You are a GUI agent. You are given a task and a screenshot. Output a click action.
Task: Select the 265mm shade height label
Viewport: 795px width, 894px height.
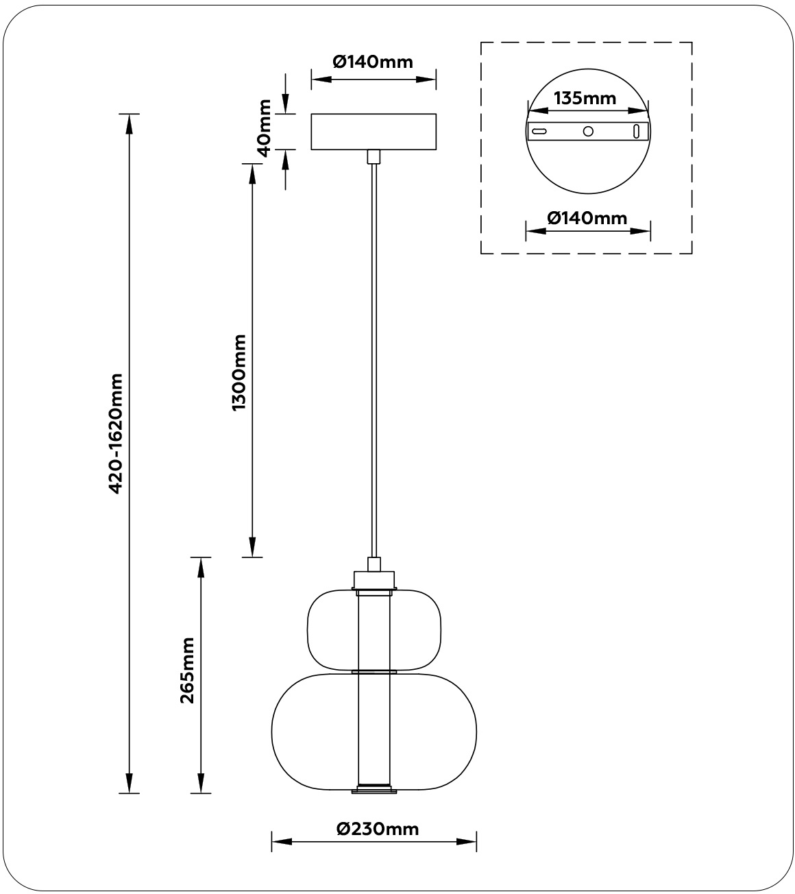pyautogui.click(x=186, y=670)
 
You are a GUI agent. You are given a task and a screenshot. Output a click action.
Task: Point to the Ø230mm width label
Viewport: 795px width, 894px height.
pyautogui.click(x=378, y=828)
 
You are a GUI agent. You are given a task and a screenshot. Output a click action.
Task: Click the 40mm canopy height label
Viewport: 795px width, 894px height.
pyautogui.click(x=262, y=128)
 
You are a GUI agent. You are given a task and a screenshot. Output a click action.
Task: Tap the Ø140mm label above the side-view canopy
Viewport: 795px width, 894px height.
pyautogui.click(x=374, y=62)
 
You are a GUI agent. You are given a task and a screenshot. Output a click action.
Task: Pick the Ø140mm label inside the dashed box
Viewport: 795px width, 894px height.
pyautogui.click(x=587, y=218)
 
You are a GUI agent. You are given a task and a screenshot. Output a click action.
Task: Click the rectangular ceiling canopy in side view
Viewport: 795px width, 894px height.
pyautogui.click(x=374, y=131)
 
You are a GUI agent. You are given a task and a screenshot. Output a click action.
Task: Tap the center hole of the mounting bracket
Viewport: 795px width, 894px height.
pyautogui.click(x=588, y=131)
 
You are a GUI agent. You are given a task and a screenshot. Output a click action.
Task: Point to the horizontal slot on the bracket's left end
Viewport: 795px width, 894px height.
pyautogui.click(x=540, y=131)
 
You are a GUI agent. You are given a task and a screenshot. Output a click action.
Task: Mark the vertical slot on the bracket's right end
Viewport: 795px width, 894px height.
pyautogui.click(x=637, y=131)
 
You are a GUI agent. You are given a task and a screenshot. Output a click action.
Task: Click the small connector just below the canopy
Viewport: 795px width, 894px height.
pyautogui.click(x=374, y=156)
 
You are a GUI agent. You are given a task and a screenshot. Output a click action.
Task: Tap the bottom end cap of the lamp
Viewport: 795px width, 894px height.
pyautogui.click(x=374, y=790)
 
